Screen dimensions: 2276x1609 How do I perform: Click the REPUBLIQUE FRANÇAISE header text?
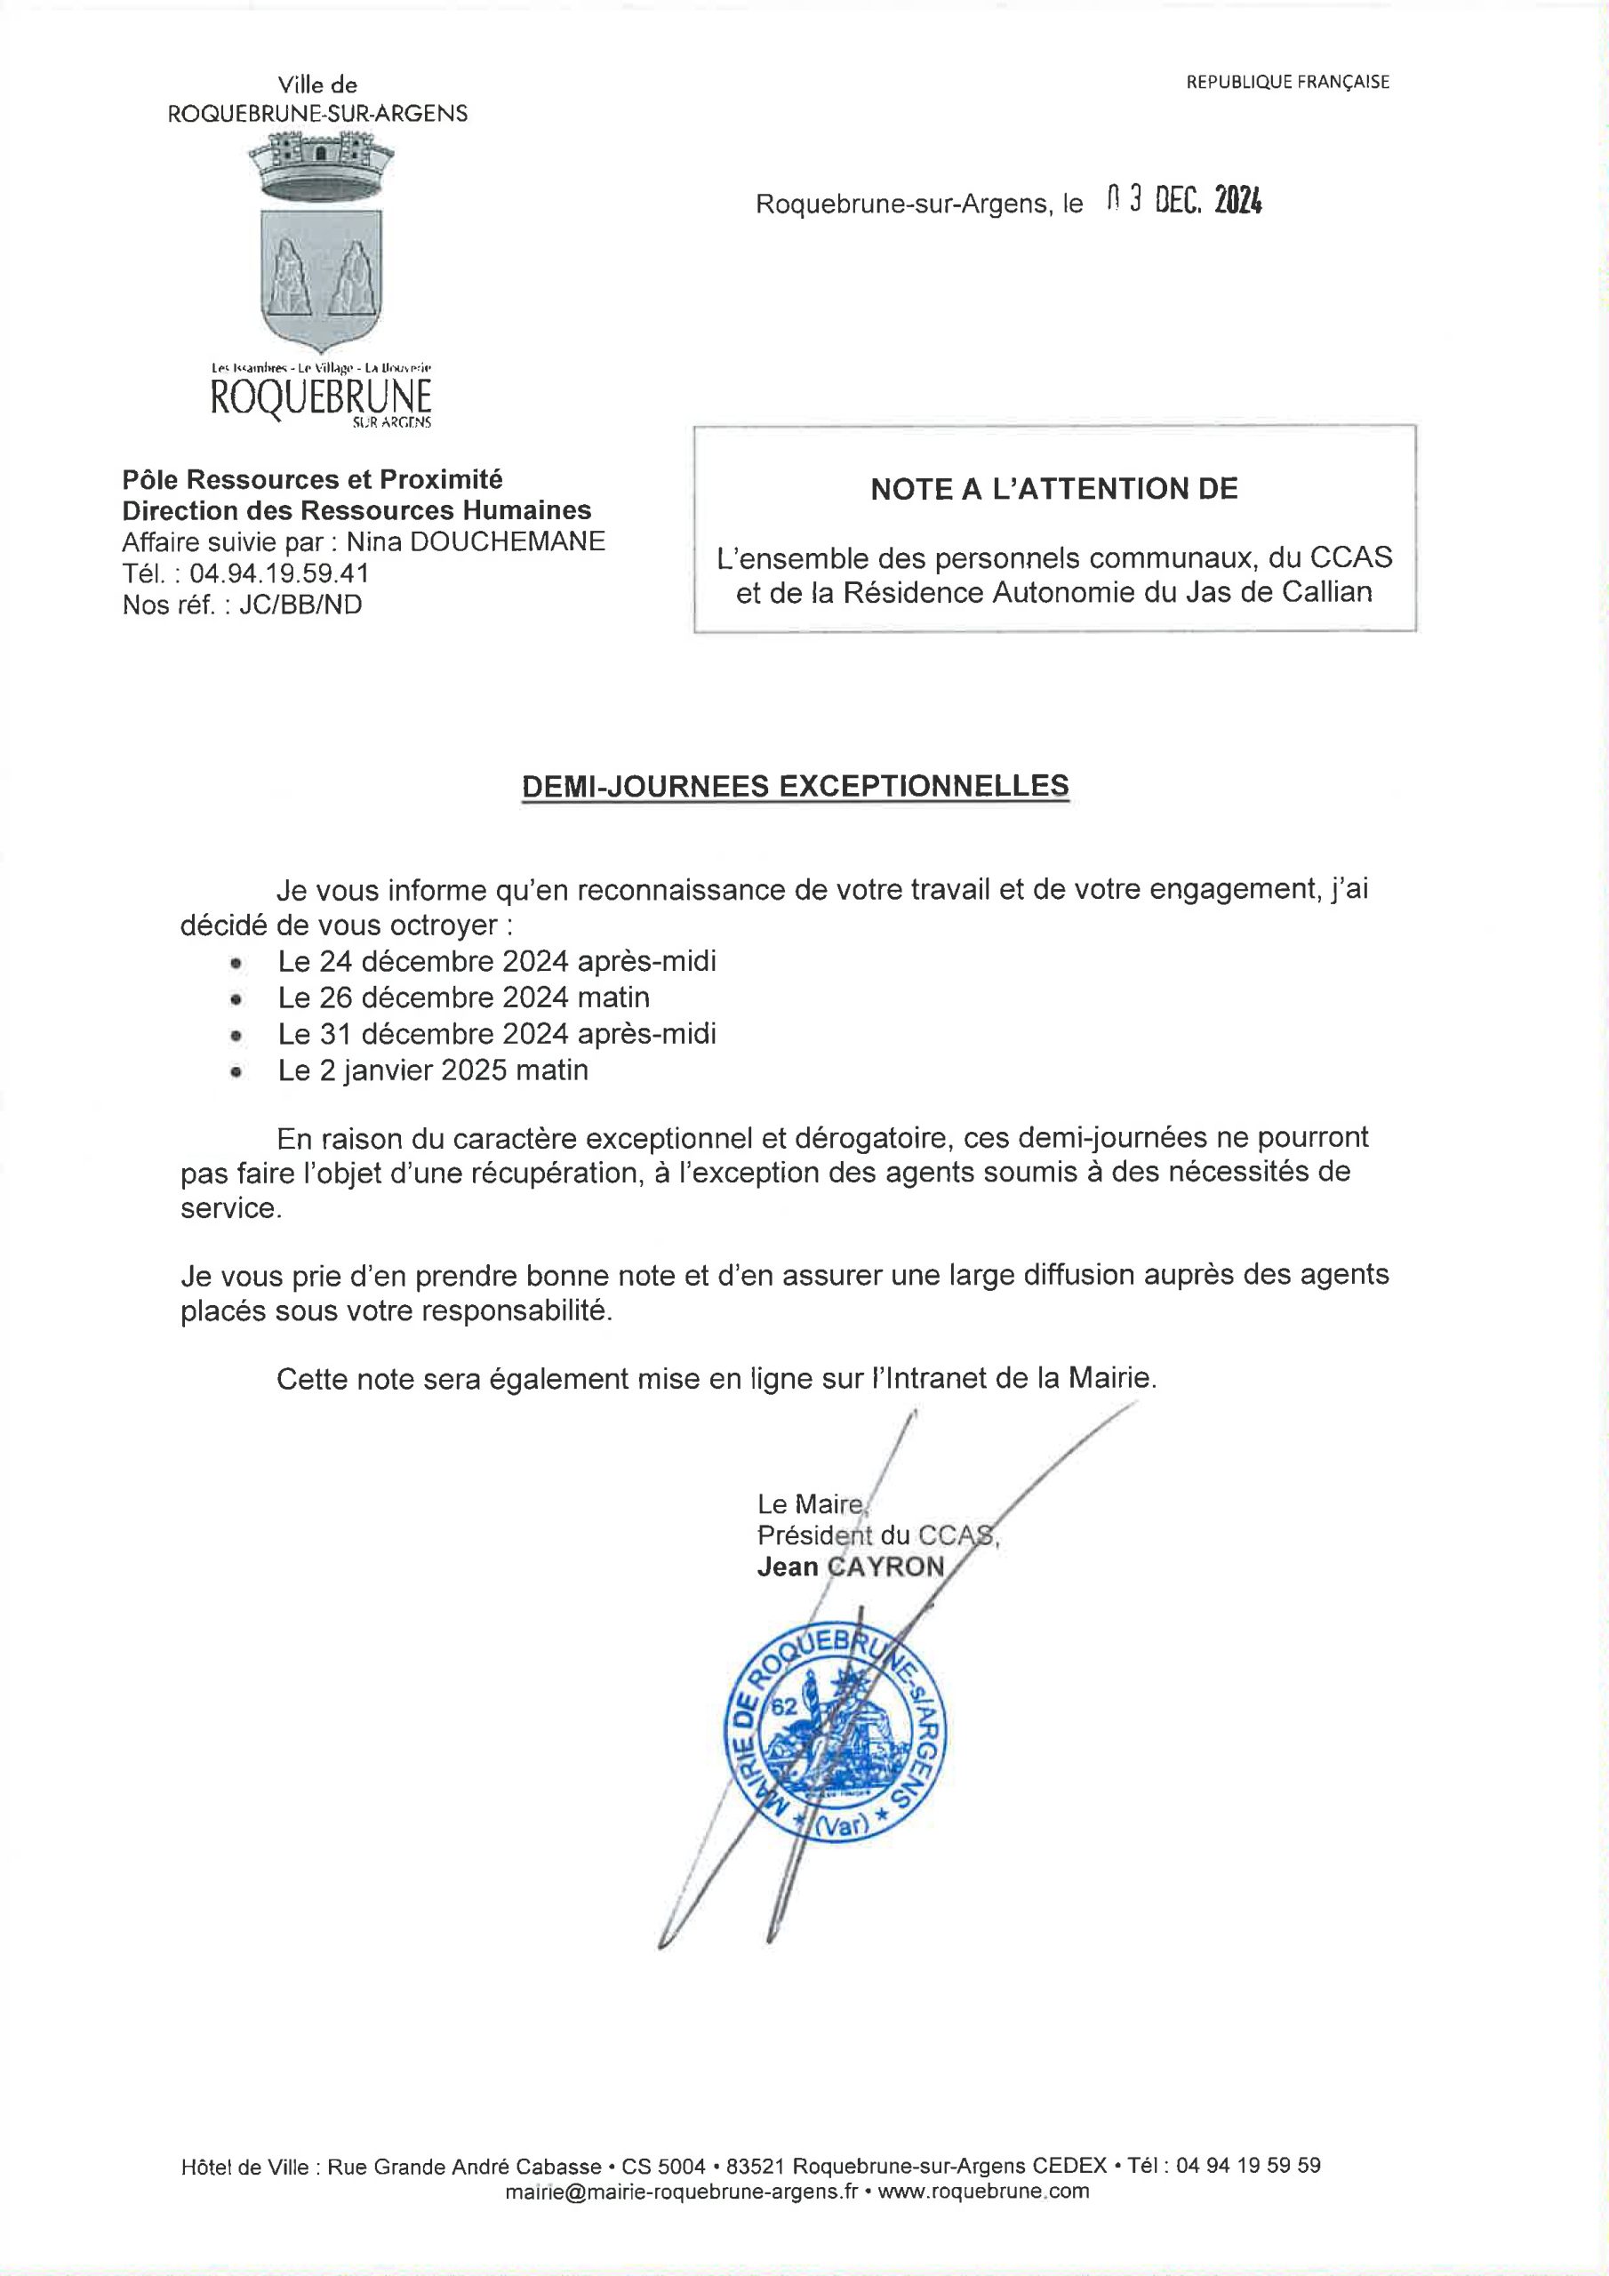tap(1287, 83)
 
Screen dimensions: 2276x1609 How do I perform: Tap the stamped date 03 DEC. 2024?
tap(1184, 202)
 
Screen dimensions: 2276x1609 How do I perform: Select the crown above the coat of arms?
tap(319, 164)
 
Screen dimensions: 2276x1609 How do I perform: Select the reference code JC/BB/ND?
tap(300, 605)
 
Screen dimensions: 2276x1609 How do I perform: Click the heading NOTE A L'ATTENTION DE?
tap(1053, 489)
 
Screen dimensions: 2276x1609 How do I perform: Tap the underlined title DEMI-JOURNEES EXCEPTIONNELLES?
tap(795, 785)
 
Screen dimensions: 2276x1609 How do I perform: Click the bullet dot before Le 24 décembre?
tap(235, 963)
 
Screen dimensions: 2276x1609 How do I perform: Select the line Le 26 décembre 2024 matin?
tap(463, 998)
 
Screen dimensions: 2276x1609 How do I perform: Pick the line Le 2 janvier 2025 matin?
tap(433, 1070)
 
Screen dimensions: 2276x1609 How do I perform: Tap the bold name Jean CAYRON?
tap(850, 1567)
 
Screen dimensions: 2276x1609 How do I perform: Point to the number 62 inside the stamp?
tap(784, 1707)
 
